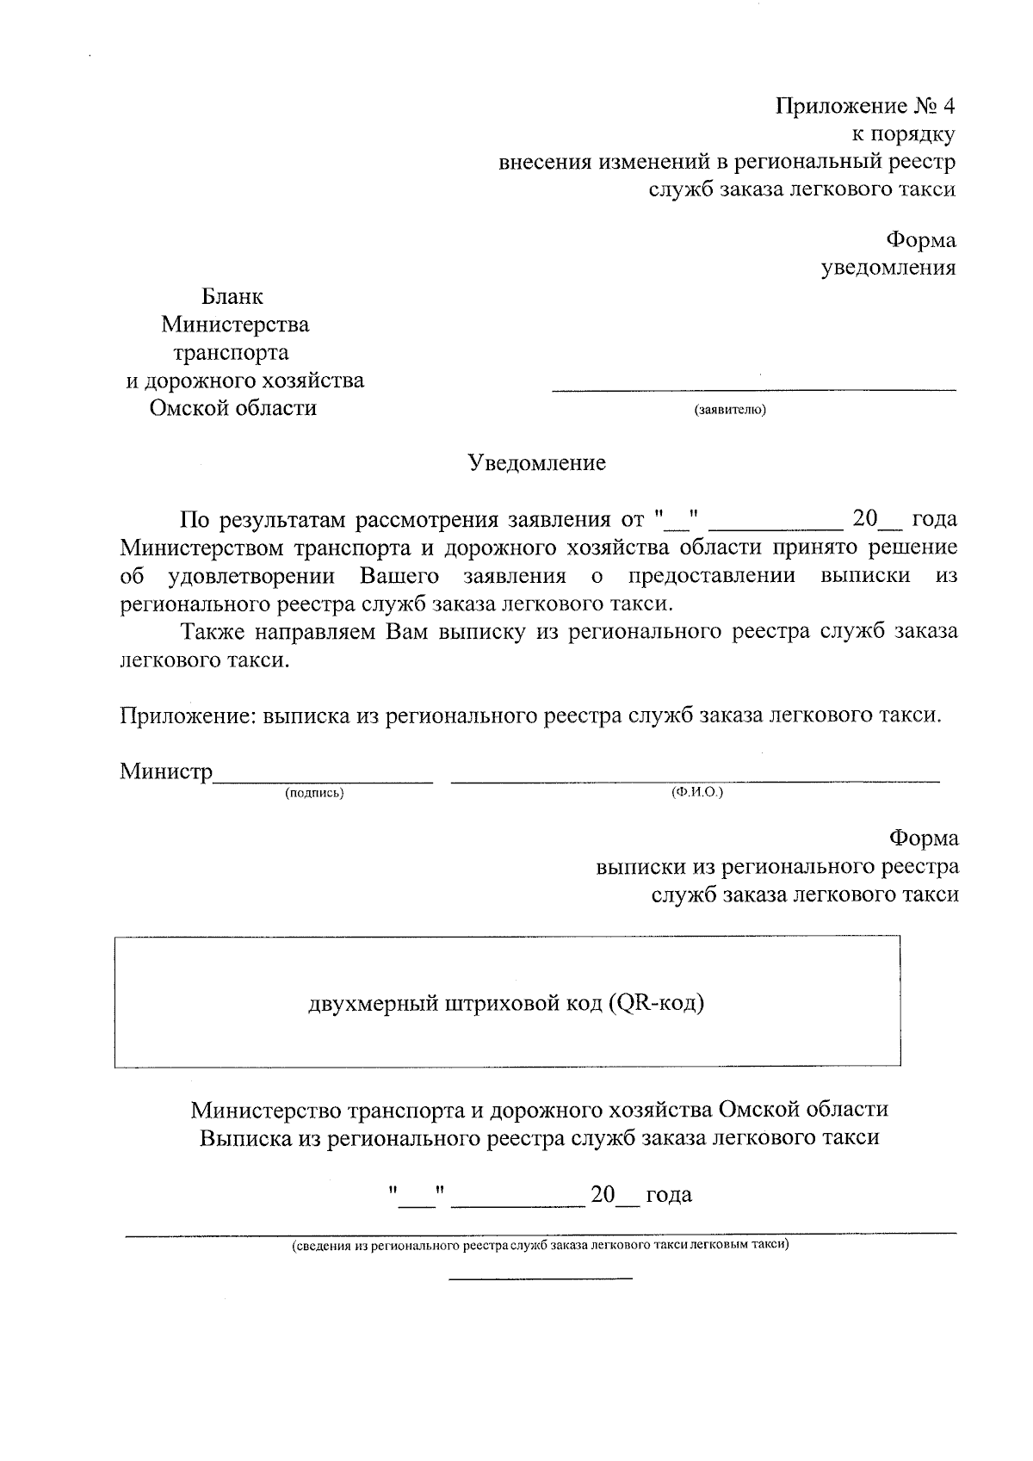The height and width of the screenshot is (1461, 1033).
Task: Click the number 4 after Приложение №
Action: [948, 107]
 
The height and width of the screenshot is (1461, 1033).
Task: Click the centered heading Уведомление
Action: [536, 463]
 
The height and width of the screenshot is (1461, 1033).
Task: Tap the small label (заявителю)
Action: [729, 410]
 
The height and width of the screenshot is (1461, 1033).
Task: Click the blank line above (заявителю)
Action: [753, 390]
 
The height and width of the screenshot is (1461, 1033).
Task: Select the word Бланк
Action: [232, 297]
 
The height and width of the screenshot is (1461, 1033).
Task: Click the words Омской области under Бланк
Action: [232, 408]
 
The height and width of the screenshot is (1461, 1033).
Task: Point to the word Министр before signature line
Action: [166, 771]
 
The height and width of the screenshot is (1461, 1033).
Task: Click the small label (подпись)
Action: [314, 793]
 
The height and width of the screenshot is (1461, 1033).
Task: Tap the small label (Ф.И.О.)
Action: [696, 792]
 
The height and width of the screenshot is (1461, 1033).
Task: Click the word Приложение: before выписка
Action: [188, 715]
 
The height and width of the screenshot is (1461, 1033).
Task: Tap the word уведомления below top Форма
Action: [888, 268]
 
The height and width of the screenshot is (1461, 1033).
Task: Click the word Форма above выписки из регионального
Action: [924, 839]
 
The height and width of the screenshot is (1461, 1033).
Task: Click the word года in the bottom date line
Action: [669, 1195]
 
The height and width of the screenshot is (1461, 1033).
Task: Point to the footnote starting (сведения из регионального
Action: [540, 1246]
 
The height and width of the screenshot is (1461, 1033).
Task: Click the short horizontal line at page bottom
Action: [540, 1278]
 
